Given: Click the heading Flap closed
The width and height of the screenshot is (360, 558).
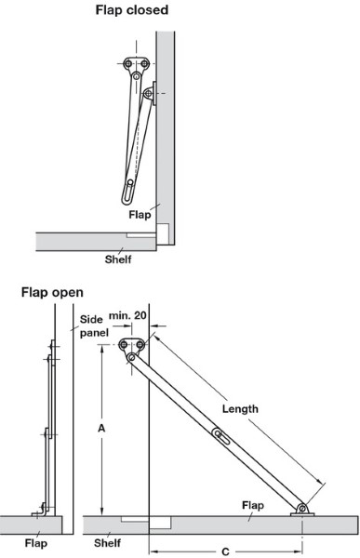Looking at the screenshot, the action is (x=132, y=10).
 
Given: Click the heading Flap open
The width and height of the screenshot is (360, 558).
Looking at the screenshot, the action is (x=52, y=293).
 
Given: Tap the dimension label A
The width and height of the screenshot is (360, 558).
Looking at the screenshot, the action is (x=101, y=428).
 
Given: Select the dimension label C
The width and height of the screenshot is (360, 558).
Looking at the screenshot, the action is (x=225, y=551).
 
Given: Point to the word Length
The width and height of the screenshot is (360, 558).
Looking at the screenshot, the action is (x=240, y=408).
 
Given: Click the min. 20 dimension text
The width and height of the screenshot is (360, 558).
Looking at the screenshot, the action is (x=127, y=315).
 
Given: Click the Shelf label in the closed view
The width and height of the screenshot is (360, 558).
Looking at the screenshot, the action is (x=118, y=259).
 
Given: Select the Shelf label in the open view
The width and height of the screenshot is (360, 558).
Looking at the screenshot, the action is (x=107, y=543).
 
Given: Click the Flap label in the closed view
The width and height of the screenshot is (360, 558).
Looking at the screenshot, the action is (x=140, y=215).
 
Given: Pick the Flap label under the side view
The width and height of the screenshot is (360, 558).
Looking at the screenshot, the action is (x=36, y=543).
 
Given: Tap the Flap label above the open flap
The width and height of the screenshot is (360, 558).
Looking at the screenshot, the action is (x=253, y=505).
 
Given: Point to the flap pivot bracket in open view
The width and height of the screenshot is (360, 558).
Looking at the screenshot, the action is (x=302, y=510).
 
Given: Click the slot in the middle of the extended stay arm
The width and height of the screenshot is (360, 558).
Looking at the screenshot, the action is (x=221, y=437).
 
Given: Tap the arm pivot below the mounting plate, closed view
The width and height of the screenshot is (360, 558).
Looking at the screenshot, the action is (x=137, y=76).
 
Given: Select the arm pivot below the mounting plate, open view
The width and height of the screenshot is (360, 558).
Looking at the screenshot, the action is (x=131, y=357).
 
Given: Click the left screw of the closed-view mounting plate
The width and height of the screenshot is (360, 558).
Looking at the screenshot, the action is (x=127, y=63).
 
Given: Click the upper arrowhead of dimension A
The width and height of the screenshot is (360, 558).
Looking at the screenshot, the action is (x=101, y=349).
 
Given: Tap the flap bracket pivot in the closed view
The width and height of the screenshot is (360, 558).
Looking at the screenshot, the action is (x=148, y=94).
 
